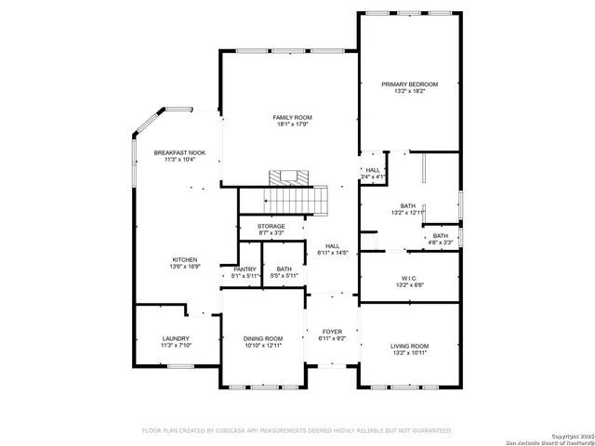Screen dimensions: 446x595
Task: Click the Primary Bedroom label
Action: (x=409, y=84)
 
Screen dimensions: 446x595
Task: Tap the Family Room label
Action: (x=292, y=117)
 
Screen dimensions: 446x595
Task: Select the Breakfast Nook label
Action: (x=179, y=152)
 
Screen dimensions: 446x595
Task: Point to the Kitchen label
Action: (x=184, y=259)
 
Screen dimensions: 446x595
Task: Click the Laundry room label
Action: (x=176, y=338)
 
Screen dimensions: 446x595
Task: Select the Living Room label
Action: (x=409, y=346)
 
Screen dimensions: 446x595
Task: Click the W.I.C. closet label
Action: (x=409, y=279)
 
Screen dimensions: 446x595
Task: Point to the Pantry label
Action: (x=245, y=269)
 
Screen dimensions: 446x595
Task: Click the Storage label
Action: (x=271, y=226)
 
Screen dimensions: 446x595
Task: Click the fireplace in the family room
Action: (x=287, y=177)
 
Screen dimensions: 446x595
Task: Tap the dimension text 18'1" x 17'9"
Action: (x=292, y=125)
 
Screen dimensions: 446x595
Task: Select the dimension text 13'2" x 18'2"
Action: (x=409, y=91)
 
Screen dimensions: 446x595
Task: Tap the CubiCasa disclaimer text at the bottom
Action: (x=297, y=430)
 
